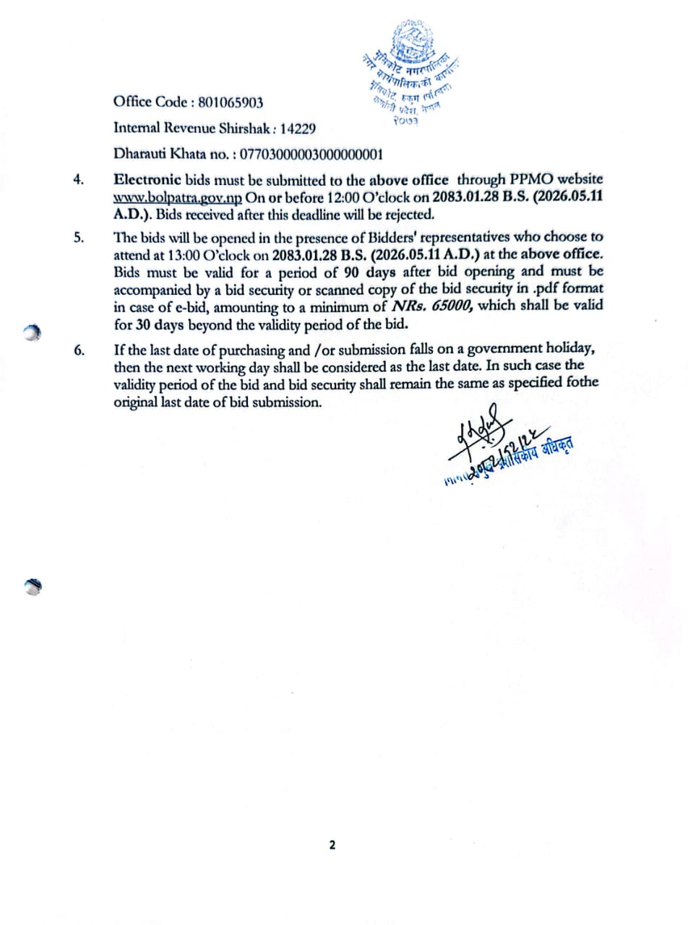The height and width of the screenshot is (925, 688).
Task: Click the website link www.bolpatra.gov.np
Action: (179, 197)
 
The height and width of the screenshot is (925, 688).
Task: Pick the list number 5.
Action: (79, 238)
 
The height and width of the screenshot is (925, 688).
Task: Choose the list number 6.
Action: (79, 351)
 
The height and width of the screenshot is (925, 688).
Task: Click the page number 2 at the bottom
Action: (332, 844)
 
